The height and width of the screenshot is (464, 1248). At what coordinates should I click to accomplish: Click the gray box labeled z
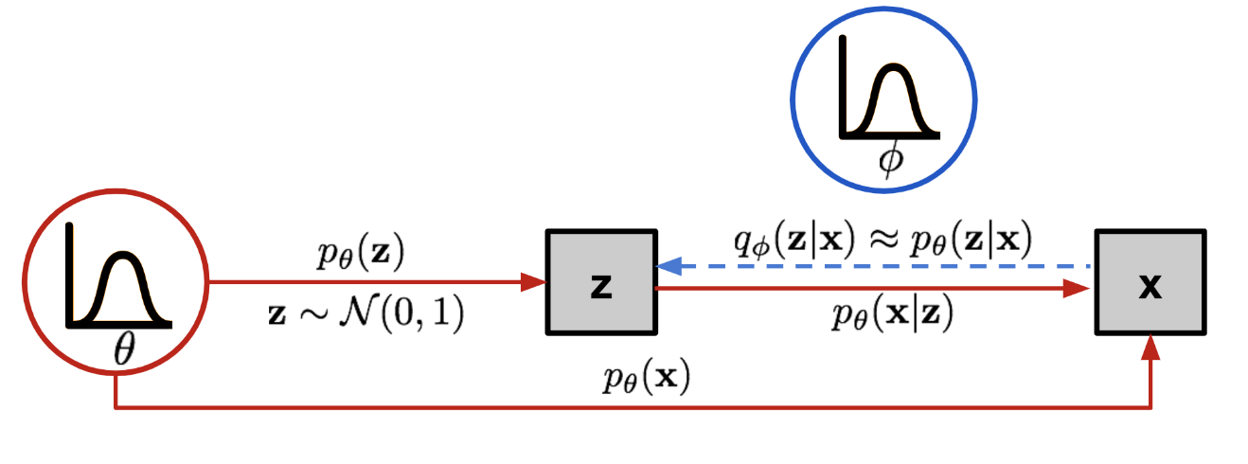click(x=601, y=282)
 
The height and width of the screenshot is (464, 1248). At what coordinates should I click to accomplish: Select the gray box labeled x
click(x=1150, y=282)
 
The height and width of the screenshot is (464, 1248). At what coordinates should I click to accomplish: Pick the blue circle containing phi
click(x=883, y=98)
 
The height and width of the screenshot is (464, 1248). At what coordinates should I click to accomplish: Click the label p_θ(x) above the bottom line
click(x=646, y=380)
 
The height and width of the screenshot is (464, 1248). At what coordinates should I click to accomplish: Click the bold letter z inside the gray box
click(x=601, y=284)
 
